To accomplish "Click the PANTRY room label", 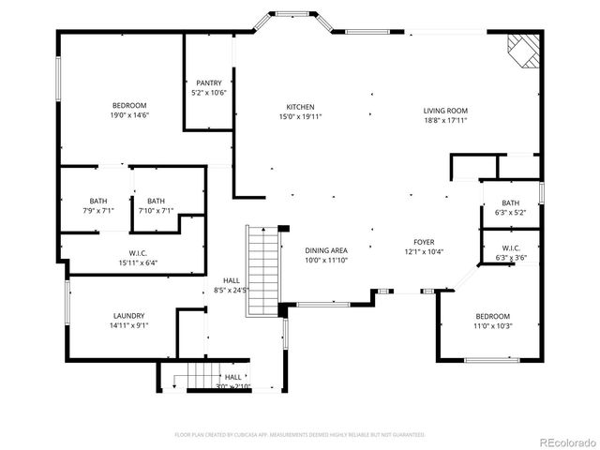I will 209,83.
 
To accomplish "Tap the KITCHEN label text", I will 300,107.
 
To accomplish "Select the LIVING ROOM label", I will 445,111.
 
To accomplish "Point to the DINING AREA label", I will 326,250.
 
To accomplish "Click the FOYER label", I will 422,242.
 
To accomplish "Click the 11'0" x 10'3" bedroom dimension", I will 491,325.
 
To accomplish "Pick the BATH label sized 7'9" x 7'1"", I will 98,201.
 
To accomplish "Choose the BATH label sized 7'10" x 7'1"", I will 156,201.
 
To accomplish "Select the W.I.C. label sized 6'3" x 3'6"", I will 510,247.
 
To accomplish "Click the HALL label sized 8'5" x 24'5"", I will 231,281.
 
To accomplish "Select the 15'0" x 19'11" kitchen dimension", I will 300,117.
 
